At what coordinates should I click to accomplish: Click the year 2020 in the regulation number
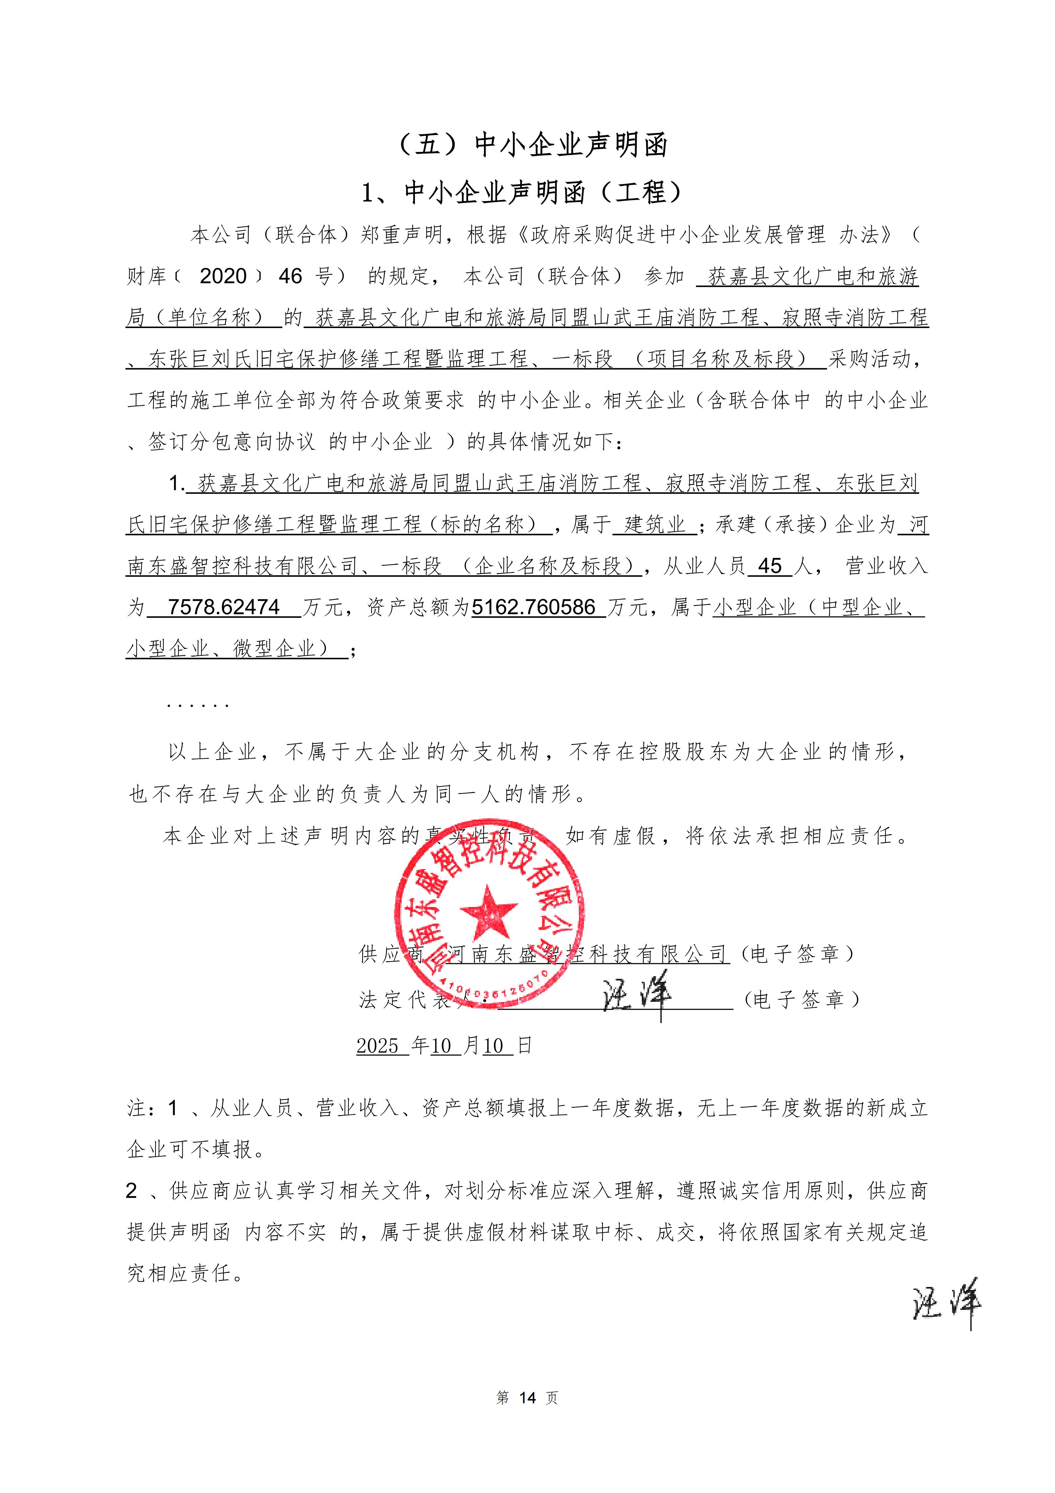[223, 276]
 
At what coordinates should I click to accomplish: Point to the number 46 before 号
[291, 276]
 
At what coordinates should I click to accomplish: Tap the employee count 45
[770, 566]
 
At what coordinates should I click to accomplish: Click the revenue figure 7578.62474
[224, 607]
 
